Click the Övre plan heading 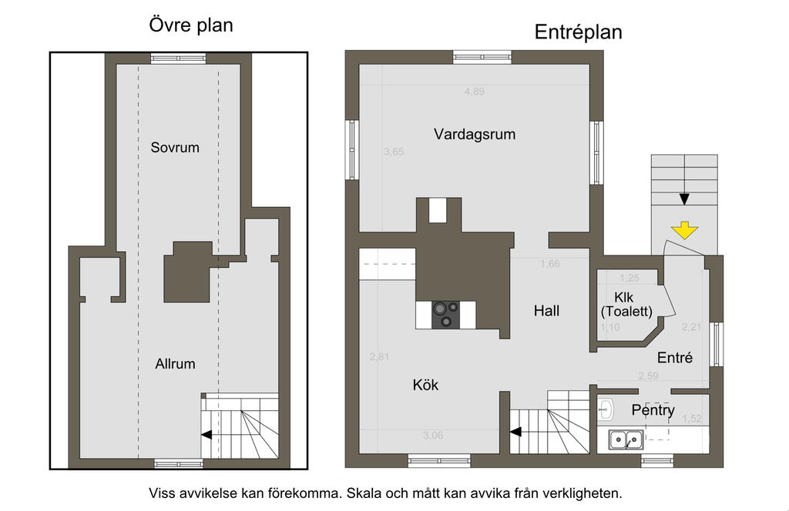pyautogui.click(x=191, y=25)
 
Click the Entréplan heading pyautogui.click(x=578, y=32)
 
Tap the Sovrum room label pyautogui.click(x=175, y=147)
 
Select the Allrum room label pyautogui.click(x=175, y=364)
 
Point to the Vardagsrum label pyautogui.click(x=475, y=134)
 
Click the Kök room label pyautogui.click(x=425, y=385)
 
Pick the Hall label pyautogui.click(x=546, y=311)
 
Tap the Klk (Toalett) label pyautogui.click(x=626, y=305)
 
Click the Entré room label pyautogui.click(x=675, y=358)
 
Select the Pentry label pyautogui.click(x=653, y=410)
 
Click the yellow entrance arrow pyautogui.click(x=684, y=229)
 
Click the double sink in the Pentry pyautogui.click(x=626, y=439)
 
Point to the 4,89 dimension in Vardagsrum pyautogui.click(x=475, y=92)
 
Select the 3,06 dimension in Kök pyautogui.click(x=433, y=436)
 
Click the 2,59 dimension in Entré pyautogui.click(x=649, y=376)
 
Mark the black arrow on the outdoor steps pyautogui.click(x=684, y=199)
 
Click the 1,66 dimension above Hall pyautogui.click(x=550, y=264)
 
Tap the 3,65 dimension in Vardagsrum pyautogui.click(x=394, y=152)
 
